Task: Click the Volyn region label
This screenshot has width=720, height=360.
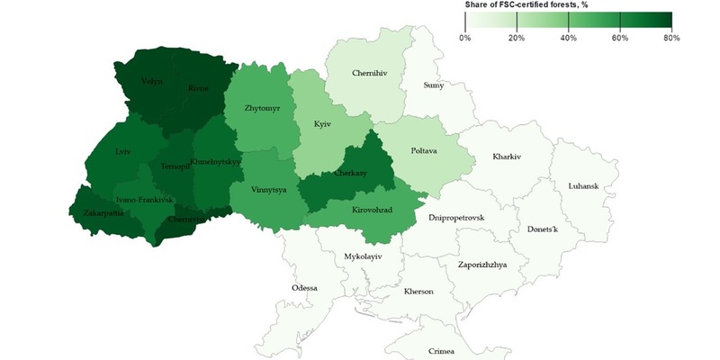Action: [153, 82]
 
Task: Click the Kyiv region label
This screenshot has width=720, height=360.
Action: [322, 124]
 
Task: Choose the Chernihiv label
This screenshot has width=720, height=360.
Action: [349, 71]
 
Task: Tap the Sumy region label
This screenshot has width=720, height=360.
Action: [434, 85]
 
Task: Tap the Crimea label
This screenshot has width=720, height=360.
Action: [441, 351]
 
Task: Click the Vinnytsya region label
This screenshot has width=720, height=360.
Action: [256, 191]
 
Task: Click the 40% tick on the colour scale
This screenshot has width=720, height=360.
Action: [568, 38]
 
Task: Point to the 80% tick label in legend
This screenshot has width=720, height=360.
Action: [670, 38]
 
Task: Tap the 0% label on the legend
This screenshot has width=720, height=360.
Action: [465, 38]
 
